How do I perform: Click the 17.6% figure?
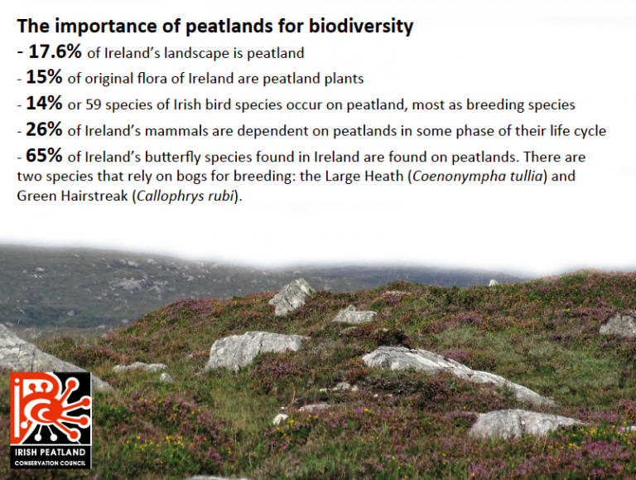coord(55,52)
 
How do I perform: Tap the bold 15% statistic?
coord(44,77)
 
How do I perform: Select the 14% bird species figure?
coord(44,103)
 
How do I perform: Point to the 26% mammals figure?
coord(44,129)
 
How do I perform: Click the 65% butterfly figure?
coord(44,156)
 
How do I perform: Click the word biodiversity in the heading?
coord(361,27)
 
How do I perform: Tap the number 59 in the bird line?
coord(94,104)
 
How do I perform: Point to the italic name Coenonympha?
coord(460,177)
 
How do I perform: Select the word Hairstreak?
coord(94,196)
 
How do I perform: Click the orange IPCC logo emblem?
coord(51,409)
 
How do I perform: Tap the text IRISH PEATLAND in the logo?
coord(51,453)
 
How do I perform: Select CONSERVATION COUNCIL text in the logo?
coord(51,463)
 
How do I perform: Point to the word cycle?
coord(590,132)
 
